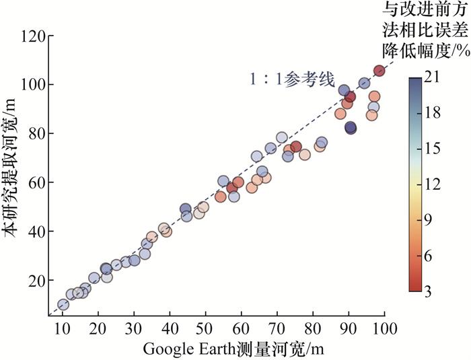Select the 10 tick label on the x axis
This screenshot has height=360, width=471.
(63, 329)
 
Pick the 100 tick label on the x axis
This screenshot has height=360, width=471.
(384, 329)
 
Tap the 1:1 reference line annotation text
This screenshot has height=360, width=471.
(291, 79)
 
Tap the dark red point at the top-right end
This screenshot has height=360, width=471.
(379, 71)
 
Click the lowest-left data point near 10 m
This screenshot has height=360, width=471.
(63, 304)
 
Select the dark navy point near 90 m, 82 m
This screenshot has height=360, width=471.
(351, 127)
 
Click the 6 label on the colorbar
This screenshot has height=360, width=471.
(431, 256)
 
